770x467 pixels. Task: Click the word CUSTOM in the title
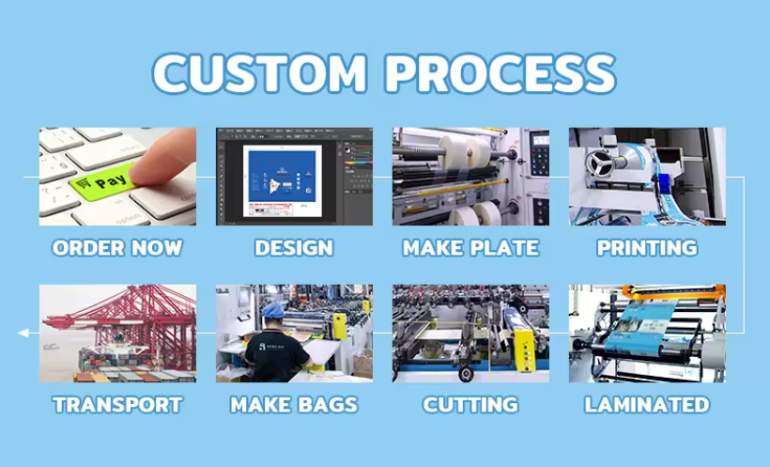click(260, 72)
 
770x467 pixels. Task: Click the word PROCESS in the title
click(500, 72)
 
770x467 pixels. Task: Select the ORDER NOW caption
click(117, 248)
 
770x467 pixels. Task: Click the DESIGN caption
click(294, 248)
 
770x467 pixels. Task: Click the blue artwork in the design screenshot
click(282, 177)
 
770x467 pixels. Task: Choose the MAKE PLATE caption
click(470, 248)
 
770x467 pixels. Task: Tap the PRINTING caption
click(647, 248)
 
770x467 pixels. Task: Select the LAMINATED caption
click(647, 405)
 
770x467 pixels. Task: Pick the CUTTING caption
click(470, 405)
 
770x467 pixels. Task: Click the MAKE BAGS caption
click(294, 405)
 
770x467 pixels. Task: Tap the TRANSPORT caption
click(117, 405)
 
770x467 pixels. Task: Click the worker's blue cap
click(273, 311)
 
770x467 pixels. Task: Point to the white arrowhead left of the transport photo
click(23, 334)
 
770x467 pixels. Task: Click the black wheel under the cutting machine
click(466, 374)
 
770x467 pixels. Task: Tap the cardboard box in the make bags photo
click(362, 363)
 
